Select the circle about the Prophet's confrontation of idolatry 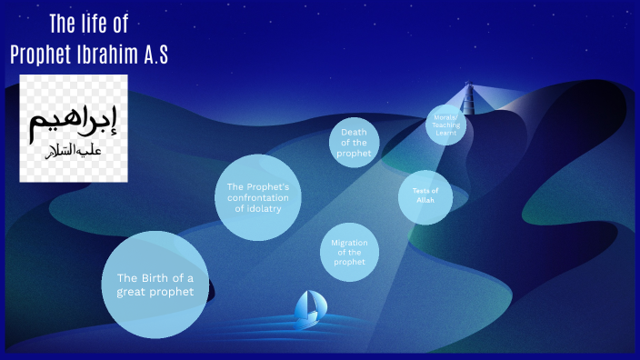click(x=258, y=198)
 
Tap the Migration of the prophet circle click(x=349, y=252)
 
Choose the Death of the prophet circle click(x=355, y=143)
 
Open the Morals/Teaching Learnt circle click(x=445, y=125)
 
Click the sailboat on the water click(x=307, y=309)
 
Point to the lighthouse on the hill click(x=469, y=98)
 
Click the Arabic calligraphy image click(x=74, y=129)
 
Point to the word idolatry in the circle click(x=258, y=209)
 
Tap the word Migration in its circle click(x=349, y=243)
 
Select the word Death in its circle click(x=354, y=132)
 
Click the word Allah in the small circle click(x=425, y=201)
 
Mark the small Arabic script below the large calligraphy click(x=73, y=150)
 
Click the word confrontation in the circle click(x=258, y=198)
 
